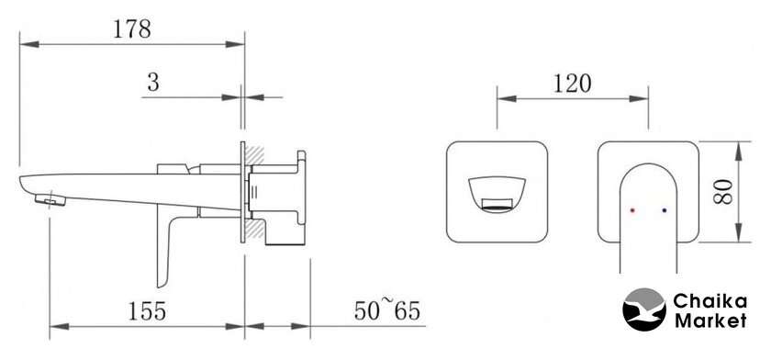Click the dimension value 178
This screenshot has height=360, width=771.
pos(132,29)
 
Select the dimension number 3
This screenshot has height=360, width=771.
pos(153,83)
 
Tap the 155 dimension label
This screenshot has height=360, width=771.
pos(147,310)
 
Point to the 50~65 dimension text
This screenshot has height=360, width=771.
pos(387,309)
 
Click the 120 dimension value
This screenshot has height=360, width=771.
pos(573,84)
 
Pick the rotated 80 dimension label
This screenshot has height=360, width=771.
pos(723,192)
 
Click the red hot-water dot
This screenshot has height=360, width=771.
pos(632,210)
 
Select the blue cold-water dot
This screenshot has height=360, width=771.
pos(665,210)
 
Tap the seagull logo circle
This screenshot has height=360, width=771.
pos(644,309)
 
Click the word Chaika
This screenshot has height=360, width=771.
pos(710,300)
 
